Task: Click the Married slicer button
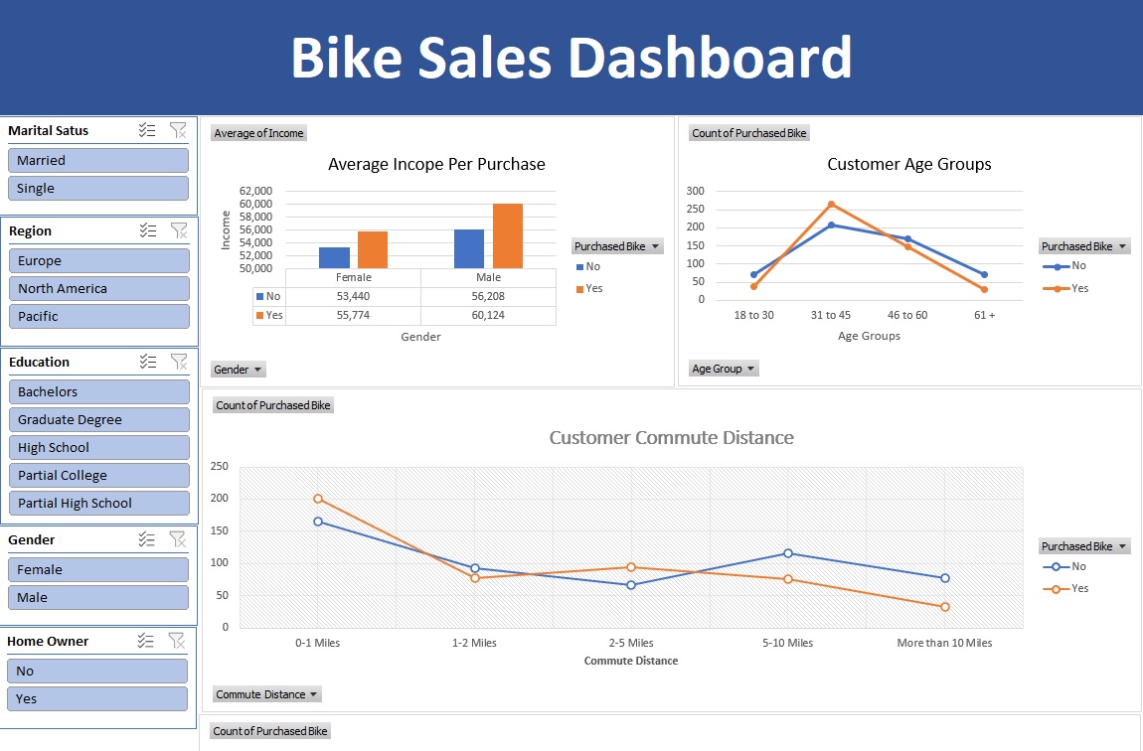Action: [x=97, y=160]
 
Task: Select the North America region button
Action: [x=97, y=288]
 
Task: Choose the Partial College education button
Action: [x=97, y=475]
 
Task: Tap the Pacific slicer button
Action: [x=97, y=316]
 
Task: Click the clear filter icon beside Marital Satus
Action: [x=178, y=130]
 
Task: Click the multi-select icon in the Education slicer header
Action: [x=147, y=362]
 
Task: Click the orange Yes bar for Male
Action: [x=507, y=235]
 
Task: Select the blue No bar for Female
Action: [x=334, y=257]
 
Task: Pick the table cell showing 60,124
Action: [x=488, y=315]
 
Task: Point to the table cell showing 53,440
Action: [x=353, y=296]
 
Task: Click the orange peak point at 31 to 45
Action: [x=831, y=205]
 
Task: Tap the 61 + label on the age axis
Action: [x=984, y=315]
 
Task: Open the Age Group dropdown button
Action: [x=724, y=369]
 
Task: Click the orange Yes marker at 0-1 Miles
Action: [x=318, y=499]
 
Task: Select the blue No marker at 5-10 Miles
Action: [x=788, y=553]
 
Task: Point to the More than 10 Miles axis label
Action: [x=944, y=643]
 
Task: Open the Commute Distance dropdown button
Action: [x=267, y=694]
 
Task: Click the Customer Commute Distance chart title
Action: [x=672, y=437]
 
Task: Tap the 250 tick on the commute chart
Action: [x=219, y=467]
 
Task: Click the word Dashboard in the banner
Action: [x=710, y=58]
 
